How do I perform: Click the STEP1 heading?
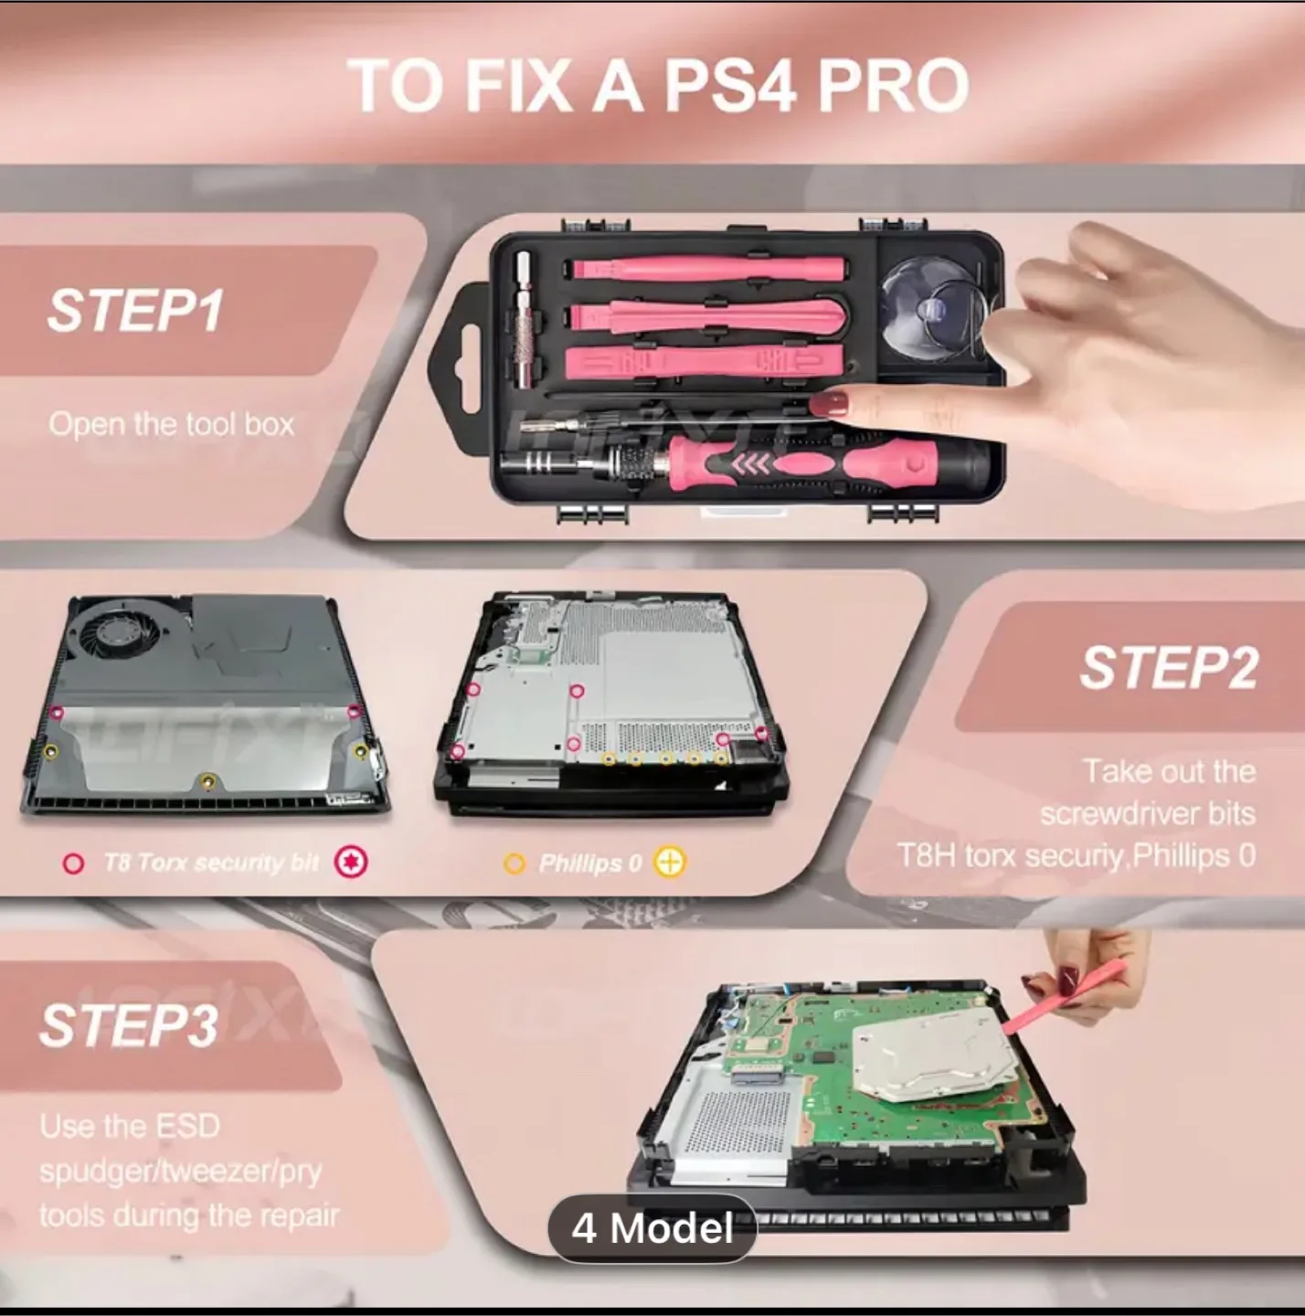135,310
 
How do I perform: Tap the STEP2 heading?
1169,667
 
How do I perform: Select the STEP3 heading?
129,1024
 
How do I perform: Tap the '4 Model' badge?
652,1227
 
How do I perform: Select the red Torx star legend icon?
351,862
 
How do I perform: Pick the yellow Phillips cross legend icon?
670,862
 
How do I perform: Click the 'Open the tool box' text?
172,424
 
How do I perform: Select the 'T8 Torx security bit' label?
210,863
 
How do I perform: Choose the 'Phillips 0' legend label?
589,863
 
